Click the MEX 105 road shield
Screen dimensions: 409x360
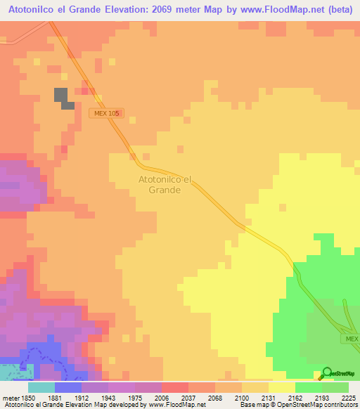point(108,113)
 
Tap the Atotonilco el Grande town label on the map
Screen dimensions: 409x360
point(160,184)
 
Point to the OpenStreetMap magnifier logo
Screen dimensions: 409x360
point(326,374)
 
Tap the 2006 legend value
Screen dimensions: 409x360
point(162,398)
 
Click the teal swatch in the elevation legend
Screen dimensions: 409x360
point(41,387)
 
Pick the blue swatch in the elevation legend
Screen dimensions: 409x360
point(68,387)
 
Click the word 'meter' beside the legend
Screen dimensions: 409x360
point(9,398)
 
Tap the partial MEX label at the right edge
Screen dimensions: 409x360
point(352,339)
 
